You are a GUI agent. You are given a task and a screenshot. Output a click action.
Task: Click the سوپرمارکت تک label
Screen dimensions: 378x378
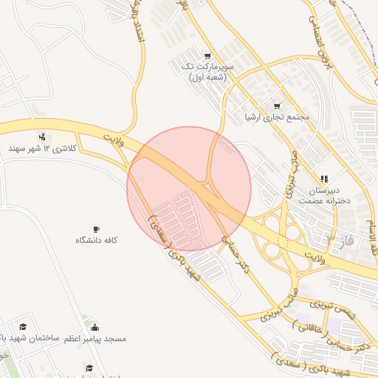pos(207,71)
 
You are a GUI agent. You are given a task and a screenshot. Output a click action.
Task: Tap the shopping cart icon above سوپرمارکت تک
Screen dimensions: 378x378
pos(207,55)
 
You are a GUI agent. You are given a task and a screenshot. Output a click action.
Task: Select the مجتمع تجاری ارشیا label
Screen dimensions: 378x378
pos(278,117)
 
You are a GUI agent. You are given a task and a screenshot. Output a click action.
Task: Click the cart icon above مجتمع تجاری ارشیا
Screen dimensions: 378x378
pos(278,106)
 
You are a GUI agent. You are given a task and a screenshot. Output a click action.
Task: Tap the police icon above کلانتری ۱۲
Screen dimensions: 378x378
pos(42,136)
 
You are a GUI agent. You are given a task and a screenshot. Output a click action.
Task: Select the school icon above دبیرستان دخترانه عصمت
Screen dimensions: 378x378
pos(323,179)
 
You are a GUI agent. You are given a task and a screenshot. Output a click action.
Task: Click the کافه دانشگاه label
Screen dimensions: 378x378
pos(96,241)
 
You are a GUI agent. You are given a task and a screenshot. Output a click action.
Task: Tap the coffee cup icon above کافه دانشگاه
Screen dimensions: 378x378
pos(96,230)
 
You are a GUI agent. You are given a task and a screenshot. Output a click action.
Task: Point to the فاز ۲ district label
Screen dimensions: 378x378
pos(340,240)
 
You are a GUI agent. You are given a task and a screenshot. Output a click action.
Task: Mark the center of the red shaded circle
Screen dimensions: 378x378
pos(189,189)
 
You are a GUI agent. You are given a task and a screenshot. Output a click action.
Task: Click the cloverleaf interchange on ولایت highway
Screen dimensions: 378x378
pos(283,232)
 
